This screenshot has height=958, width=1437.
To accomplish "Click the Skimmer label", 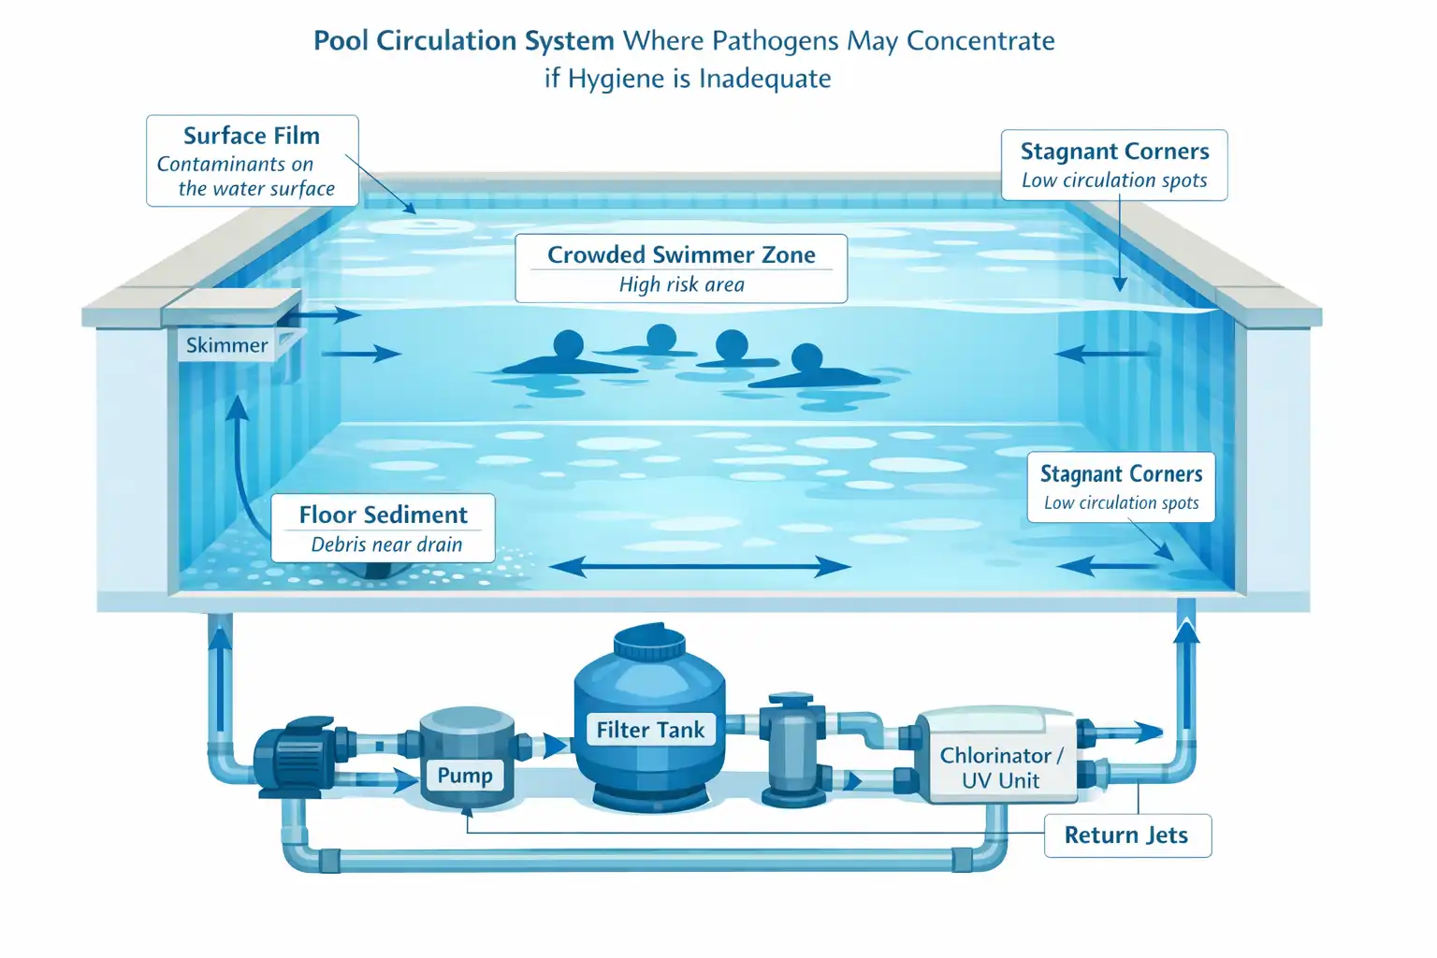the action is tap(226, 345).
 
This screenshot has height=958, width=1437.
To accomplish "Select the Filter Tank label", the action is tap(650, 730).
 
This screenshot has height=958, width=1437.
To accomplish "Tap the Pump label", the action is tap(465, 776).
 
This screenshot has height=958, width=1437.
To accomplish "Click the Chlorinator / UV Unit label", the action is tap(1001, 767).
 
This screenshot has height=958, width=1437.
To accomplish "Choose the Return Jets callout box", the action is tap(1127, 835).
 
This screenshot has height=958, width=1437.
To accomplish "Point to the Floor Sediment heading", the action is tap(383, 515).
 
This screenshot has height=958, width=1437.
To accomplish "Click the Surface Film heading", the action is tap(252, 136).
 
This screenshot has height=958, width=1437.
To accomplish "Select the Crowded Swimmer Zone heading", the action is tap(681, 254).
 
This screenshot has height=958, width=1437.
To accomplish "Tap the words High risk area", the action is tap(681, 284).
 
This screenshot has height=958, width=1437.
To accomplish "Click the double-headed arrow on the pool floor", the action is tap(700, 567).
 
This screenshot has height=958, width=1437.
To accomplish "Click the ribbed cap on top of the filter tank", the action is tap(649, 642).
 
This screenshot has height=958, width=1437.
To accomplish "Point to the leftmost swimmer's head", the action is tap(569, 345).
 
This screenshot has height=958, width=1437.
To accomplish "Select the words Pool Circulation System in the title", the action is tap(464, 41).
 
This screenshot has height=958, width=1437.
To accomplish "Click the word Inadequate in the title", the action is tap(764, 79).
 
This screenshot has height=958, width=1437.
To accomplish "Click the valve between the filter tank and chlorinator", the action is tap(792, 748).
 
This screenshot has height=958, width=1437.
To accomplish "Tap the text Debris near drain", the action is tap(386, 544).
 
